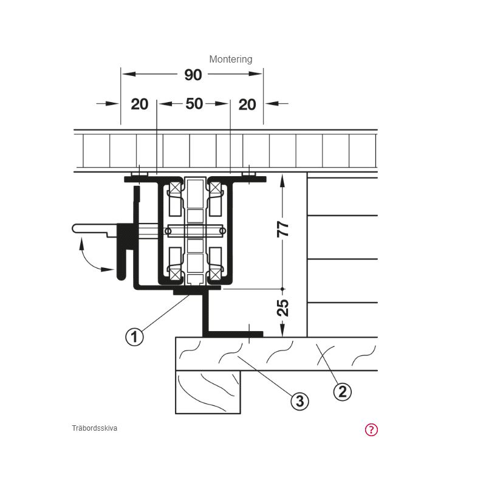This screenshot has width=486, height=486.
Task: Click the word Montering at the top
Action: [x=231, y=59]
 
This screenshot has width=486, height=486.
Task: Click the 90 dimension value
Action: [x=193, y=75]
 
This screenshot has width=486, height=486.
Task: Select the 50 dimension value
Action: [x=194, y=103]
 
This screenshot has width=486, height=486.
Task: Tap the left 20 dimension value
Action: [x=140, y=104]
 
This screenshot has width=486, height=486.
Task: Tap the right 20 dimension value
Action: [x=247, y=104]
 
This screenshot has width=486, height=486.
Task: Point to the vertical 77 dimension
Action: [x=282, y=229]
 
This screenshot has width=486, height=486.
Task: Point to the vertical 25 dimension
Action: [x=282, y=308]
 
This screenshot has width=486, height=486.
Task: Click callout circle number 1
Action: [x=134, y=337]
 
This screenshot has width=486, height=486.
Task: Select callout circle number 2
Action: [x=342, y=392]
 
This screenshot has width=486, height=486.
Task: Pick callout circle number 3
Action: [x=299, y=401]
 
